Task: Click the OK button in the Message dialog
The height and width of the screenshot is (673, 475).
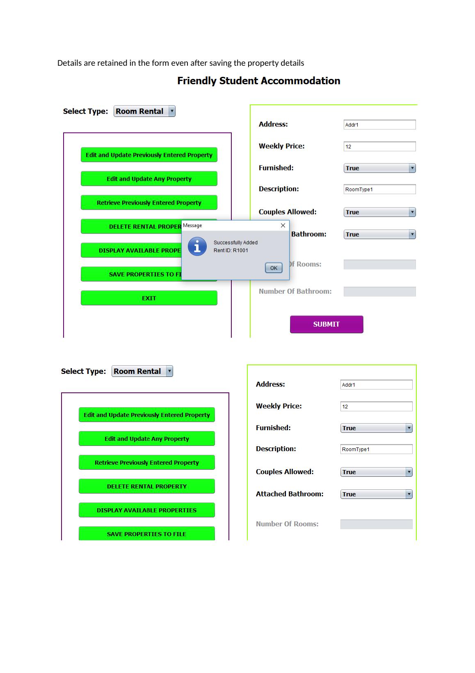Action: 274,268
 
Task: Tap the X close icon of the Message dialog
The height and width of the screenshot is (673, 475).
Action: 283,225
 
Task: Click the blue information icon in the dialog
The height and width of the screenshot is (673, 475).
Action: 197,247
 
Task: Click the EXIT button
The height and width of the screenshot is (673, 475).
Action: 149,298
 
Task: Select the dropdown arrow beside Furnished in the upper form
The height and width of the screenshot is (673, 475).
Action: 412,168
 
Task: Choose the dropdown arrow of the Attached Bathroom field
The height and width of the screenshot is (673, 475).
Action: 409,494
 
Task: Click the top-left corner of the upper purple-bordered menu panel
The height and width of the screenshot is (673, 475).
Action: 64,133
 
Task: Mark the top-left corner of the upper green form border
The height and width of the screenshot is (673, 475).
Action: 250,105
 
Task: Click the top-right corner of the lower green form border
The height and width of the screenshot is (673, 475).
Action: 416,365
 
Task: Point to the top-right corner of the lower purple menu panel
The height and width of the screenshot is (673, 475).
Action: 229,393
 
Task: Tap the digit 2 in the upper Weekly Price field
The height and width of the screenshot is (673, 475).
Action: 349,147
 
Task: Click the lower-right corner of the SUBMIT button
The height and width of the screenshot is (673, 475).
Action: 363,332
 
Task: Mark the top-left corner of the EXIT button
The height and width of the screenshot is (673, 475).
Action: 81,291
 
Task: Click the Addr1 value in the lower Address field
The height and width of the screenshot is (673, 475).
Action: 348,385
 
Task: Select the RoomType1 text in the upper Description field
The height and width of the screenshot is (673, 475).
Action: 359,189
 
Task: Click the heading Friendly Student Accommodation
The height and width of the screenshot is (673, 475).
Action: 258,81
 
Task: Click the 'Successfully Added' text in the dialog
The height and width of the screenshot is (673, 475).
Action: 235,242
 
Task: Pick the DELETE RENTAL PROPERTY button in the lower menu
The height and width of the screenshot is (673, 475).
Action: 146,486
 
